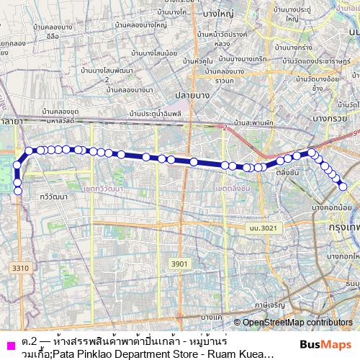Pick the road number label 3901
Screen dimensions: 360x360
[179, 264]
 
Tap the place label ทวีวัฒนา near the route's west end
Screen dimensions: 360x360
[55, 195]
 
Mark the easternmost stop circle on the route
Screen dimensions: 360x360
[343, 186]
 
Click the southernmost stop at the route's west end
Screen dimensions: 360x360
[17, 191]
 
